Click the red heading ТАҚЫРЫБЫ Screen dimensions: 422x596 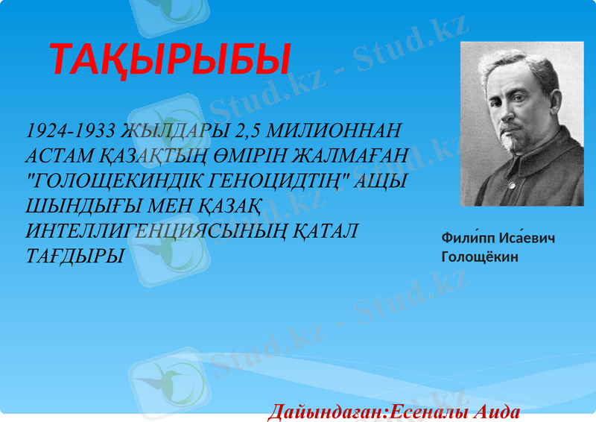click(169, 60)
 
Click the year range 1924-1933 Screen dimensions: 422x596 click(70, 131)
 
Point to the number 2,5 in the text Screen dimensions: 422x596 click(247, 131)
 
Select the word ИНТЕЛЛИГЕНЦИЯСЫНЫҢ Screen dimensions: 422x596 click(167, 232)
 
